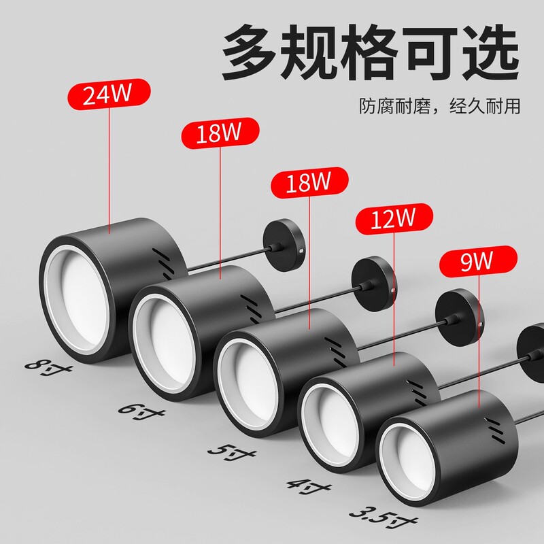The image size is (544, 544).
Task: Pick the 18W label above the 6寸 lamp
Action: click(219, 133)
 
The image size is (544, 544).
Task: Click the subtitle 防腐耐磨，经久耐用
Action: click(440, 107)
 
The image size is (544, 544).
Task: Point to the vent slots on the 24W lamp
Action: click(161, 258)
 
